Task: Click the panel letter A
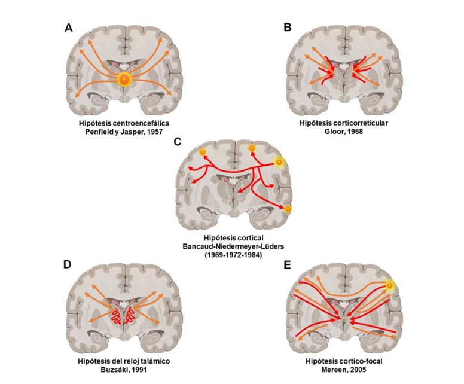(69, 29)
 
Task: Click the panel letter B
(288, 28)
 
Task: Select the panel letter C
(176, 142)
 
